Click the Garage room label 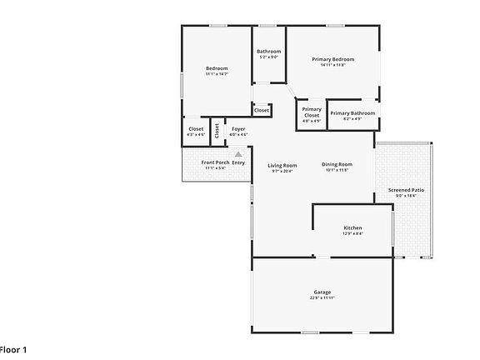point(322,292)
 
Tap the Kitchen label point(352,227)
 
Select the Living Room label point(282,165)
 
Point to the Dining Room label point(337,164)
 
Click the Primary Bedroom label point(333,59)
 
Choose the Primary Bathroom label point(352,113)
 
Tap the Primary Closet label point(312,112)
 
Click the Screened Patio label point(407,191)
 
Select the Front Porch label point(216,162)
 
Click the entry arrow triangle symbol point(238,154)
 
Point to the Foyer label point(238,129)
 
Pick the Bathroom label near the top point(268,52)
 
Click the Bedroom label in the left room point(217,68)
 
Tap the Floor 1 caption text point(12,349)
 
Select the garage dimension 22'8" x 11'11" point(322,297)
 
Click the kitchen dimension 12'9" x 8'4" point(352,233)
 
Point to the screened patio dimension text point(407,197)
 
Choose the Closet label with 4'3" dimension point(196,129)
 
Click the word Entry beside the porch point(239,162)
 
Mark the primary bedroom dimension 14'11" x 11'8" point(333,65)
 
